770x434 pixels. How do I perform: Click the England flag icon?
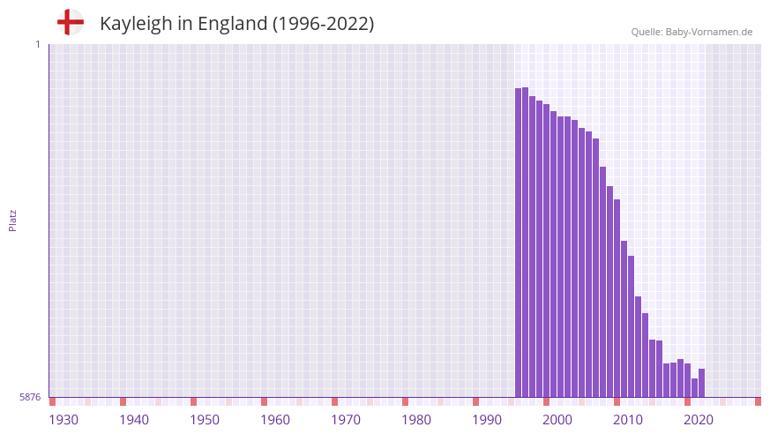(71, 22)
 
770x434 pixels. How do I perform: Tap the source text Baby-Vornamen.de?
(709, 32)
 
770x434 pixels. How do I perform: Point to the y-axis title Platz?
(12, 220)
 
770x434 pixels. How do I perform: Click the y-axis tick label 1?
(37, 44)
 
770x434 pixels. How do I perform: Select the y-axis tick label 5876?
(30, 397)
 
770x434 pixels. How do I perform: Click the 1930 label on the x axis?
(64, 419)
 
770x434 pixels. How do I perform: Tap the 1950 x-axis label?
(205, 419)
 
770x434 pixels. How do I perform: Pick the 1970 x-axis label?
(346, 419)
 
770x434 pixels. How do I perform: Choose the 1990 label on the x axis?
(487, 419)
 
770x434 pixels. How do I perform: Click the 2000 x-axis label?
(557, 419)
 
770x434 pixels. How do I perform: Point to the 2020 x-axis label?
(699, 419)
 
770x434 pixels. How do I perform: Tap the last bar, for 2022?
(702, 383)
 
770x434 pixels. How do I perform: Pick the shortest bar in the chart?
(695, 387)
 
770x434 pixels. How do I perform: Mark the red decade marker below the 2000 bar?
(547, 401)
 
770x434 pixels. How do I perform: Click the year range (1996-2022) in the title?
(323, 24)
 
